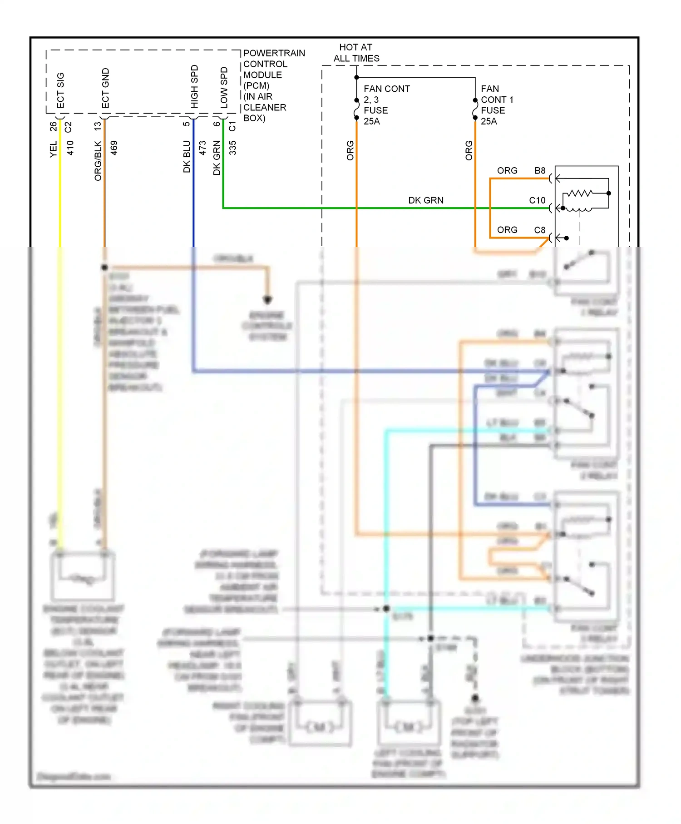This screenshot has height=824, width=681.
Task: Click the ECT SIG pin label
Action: click(x=60, y=90)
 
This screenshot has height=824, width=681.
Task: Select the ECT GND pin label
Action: click(x=105, y=88)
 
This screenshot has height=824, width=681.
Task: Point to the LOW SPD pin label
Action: click(x=224, y=88)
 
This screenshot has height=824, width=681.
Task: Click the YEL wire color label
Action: click(x=53, y=149)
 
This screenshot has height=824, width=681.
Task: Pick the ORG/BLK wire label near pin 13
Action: click(x=98, y=161)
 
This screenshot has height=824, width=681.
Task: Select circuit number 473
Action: click(x=203, y=148)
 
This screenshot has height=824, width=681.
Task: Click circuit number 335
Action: click(x=232, y=148)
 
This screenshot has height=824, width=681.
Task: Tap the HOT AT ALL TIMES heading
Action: click(x=356, y=53)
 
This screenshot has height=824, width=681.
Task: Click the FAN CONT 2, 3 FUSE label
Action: click(x=386, y=105)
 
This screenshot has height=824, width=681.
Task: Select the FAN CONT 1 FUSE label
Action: click(x=497, y=105)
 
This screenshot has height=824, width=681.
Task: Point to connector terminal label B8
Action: click(x=540, y=170)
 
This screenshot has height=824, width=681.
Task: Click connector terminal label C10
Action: click(x=537, y=200)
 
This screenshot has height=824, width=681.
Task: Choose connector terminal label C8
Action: click(x=539, y=230)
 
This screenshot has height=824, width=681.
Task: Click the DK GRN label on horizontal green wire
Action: click(x=425, y=200)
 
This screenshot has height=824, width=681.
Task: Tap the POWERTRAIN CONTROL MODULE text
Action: click(x=274, y=85)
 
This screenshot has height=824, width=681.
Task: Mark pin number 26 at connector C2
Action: click(x=53, y=126)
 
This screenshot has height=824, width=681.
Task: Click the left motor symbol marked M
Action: click(x=320, y=727)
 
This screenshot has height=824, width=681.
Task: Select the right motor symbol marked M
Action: click(x=409, y=727)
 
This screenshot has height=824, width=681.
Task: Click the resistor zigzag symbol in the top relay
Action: click(x=580, y=194)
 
